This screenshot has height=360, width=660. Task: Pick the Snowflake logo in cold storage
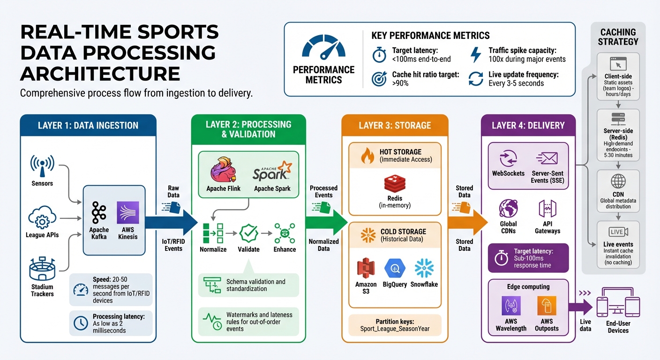click(424, 268)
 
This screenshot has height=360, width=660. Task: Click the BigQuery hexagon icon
click(395, 268)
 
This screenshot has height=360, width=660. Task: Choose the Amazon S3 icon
click(366, 268)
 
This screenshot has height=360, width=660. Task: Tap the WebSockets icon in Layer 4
click(508, 159)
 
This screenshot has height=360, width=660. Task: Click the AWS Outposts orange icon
click(547, 306)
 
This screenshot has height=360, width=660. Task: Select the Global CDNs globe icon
click(508, 208)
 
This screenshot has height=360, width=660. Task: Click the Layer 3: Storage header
click(395, 126)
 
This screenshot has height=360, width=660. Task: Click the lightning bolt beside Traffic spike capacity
click(475, 54)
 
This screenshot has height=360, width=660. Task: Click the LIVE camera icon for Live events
click(618, 232)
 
